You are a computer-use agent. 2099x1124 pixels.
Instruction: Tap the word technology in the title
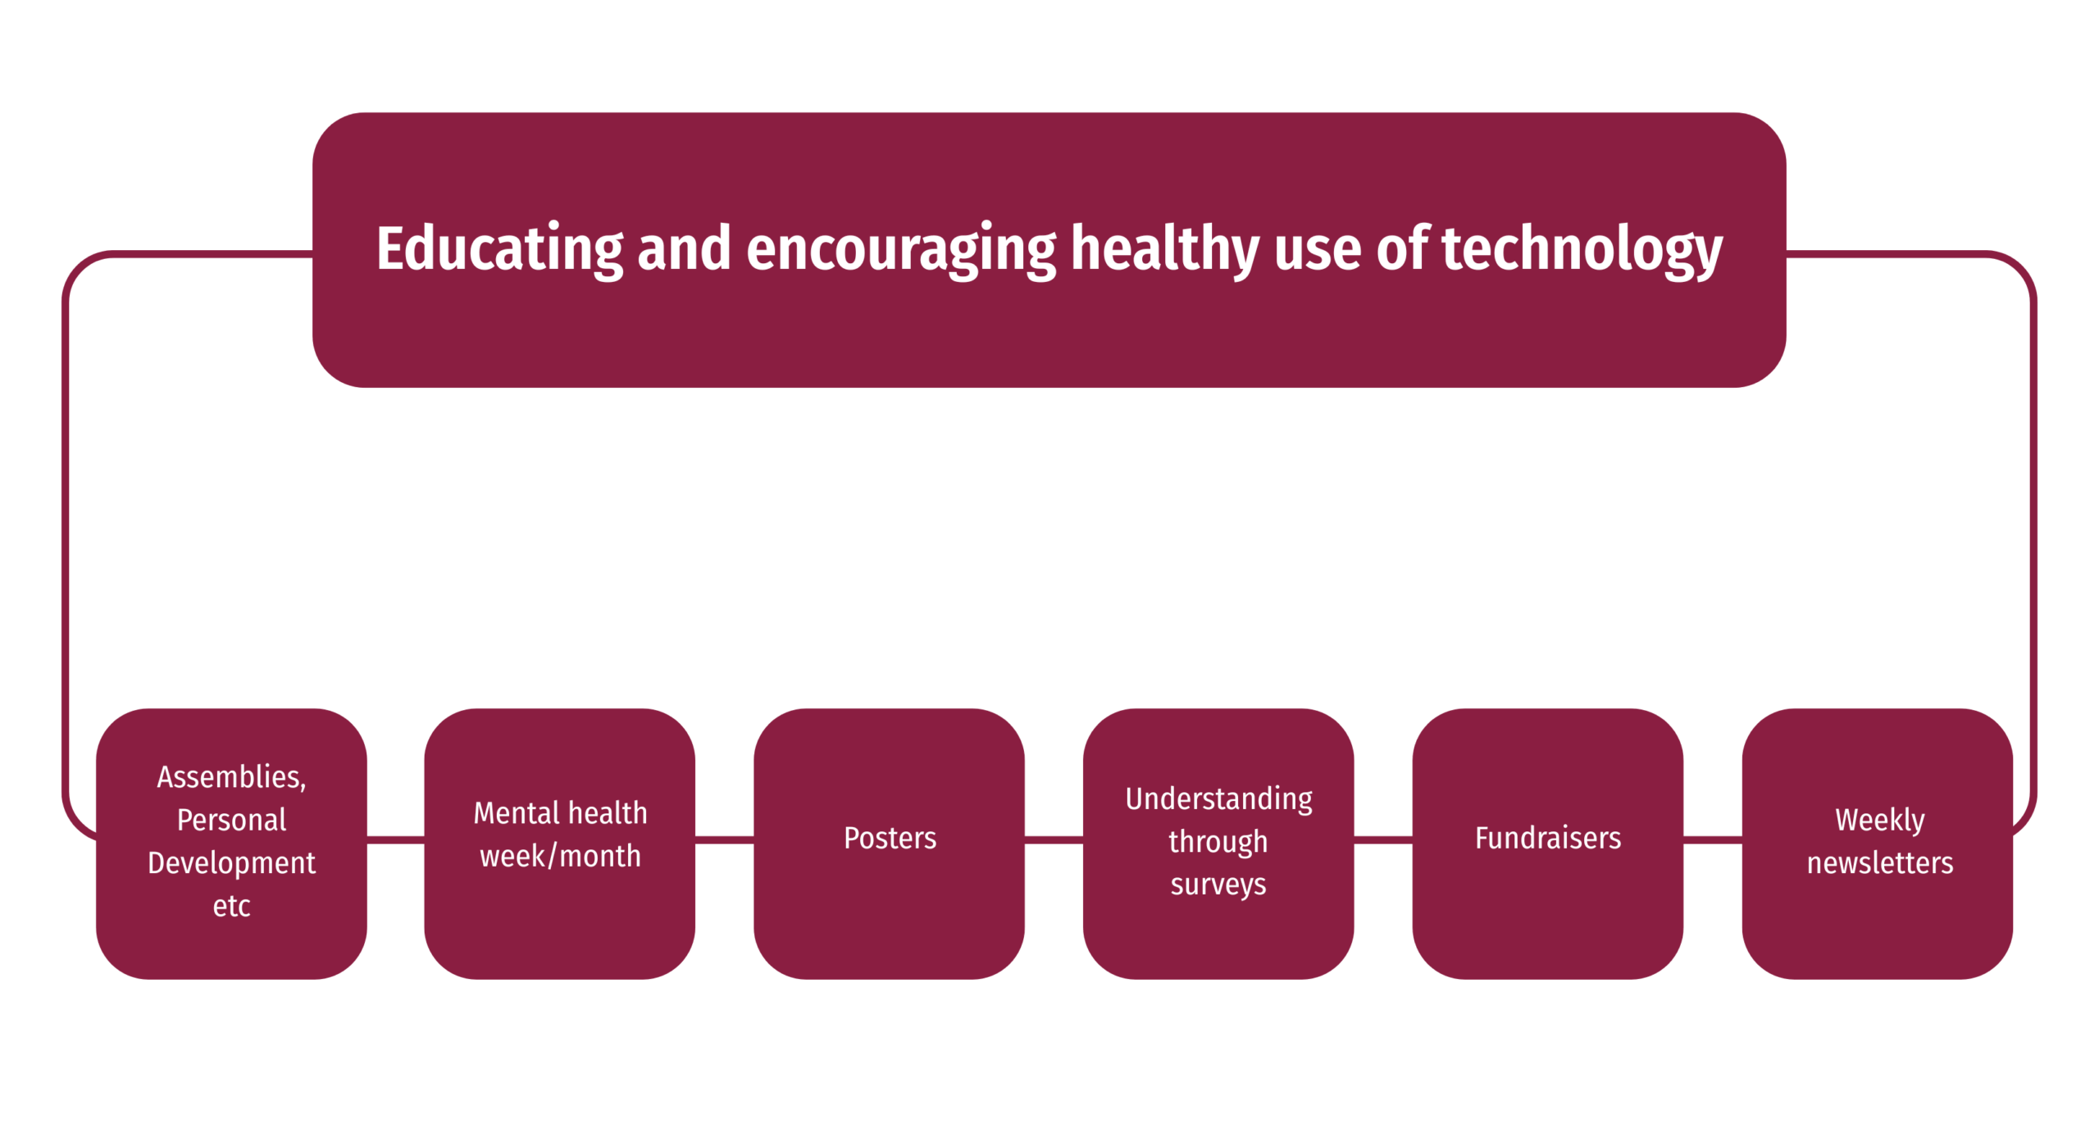point(1582,250)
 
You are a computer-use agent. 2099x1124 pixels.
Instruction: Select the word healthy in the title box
point(1164,250)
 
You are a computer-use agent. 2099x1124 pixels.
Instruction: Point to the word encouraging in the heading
point(901,250)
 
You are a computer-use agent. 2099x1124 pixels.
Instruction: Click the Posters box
point(889,843)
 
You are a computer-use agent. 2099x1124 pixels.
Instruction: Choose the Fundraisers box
point(1547,843)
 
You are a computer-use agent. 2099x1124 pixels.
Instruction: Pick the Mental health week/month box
point(559,843)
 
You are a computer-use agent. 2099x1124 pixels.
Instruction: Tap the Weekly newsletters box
point(1877,843)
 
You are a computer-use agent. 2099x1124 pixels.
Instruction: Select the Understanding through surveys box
point(1218,843)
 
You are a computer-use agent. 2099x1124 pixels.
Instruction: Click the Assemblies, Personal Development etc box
point(231,843)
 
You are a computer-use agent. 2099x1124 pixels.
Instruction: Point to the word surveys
point(1218,885)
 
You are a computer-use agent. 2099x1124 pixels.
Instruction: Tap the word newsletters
point(1879,862)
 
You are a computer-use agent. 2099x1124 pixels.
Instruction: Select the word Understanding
point(1218,799)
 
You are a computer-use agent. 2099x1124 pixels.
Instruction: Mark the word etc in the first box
point(231,906)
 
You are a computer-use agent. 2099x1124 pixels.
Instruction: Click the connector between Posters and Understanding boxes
point(1054,840)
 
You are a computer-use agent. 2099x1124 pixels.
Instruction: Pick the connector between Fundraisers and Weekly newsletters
point(1712,840)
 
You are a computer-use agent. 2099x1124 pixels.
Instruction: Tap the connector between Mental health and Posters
point(724,840)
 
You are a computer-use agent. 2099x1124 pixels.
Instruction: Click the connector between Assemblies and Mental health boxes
point(395,840)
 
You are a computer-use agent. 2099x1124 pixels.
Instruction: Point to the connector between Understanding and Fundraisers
point(1382,840)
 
